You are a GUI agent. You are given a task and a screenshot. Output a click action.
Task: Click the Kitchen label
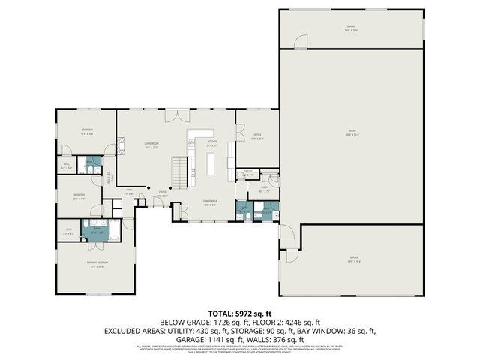[212, 144]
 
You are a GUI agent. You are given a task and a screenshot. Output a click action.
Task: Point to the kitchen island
[211, 163]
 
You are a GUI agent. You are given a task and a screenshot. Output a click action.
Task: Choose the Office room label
[256, 136]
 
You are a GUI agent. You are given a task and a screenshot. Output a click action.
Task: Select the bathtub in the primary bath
[114, 233]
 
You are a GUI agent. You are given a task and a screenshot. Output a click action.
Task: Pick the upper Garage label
[351, 28]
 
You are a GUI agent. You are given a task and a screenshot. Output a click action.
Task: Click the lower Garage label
[353, 259]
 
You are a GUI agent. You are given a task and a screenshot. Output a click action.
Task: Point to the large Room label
[352, 135]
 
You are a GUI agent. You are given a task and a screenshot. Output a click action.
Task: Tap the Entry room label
[265, 190]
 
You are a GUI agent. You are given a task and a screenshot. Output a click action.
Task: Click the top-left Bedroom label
[87, 133]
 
